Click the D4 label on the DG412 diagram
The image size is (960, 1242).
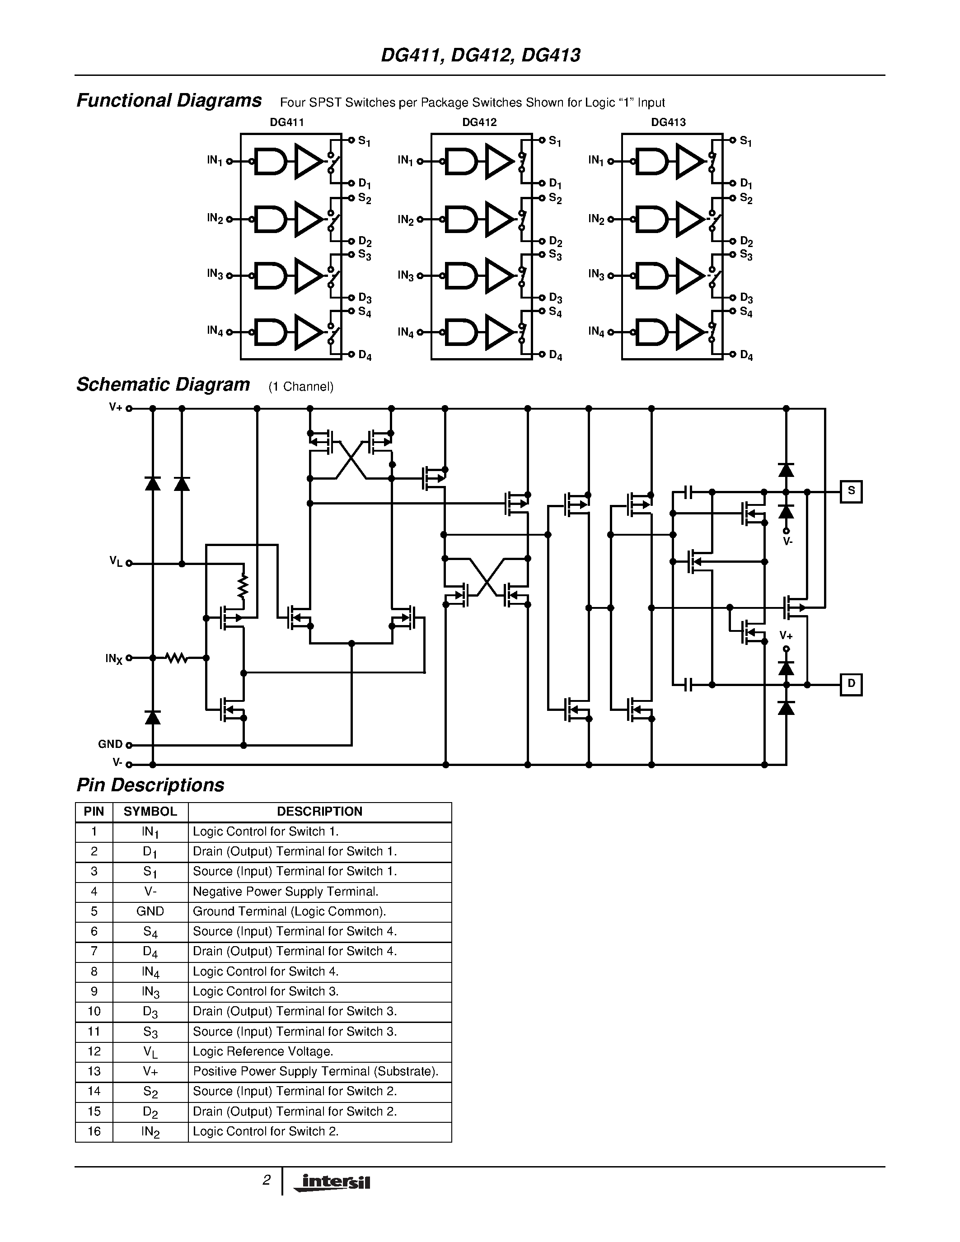(x=555, y=355)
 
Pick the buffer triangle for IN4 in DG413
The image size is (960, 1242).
(x=689, y=332)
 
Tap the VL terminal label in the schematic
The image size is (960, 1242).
(x=116, y=562)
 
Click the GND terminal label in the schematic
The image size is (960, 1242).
(x=110, y=744)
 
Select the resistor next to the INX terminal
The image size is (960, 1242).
(x=177, y=658)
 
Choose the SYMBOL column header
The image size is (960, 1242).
(x=150, y=812)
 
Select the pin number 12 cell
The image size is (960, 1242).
(x=94, y=1051)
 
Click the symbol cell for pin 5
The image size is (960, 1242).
(x=150, y=911)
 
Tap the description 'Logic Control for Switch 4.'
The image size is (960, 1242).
(x=266, y=971)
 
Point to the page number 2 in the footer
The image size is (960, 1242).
(x=266, y=1181)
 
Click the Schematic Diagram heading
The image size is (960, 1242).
(x=163, y=385)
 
